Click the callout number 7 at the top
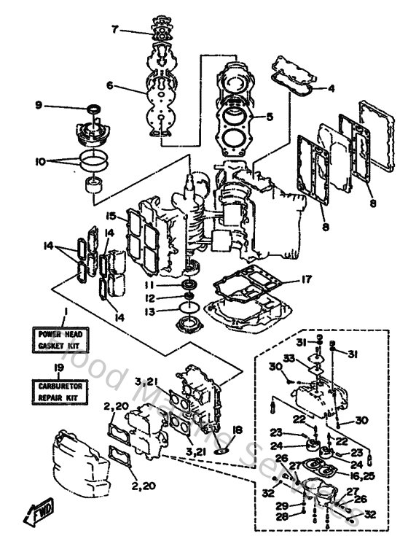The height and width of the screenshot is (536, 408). point(114,29)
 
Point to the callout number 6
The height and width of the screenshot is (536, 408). point(109,85)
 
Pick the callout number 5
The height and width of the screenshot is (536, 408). point(269,115)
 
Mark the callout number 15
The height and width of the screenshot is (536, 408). point(110,216)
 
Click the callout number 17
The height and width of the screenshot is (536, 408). point(307,278)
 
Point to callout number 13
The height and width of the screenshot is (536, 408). point(149,312)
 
